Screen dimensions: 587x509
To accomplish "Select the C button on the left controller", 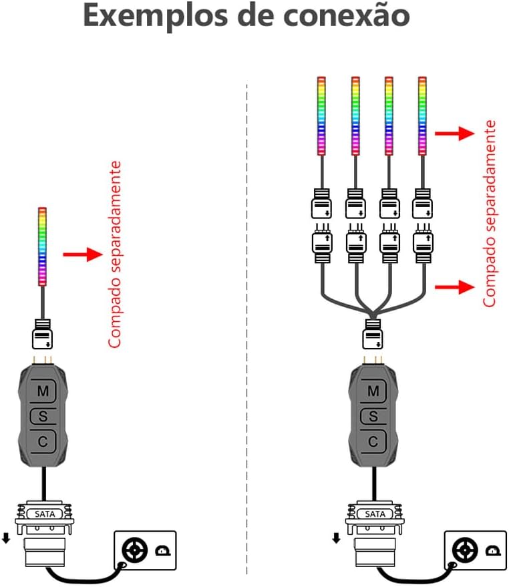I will (x=43, y=441).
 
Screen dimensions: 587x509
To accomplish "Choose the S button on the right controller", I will (x=374, y=417).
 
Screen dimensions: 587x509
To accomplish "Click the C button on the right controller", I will (x=374, y=441).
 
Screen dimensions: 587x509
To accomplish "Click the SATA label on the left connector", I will (x=43, y=514).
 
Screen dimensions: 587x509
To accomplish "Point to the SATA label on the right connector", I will (x=375, y=514).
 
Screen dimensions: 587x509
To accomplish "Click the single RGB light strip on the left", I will (x=43, y=243).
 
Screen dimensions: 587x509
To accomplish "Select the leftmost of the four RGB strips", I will (x=322, y=115).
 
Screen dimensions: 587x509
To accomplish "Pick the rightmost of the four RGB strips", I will (x=422, y=115).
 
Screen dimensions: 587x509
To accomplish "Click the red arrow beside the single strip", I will (x=83, y=254).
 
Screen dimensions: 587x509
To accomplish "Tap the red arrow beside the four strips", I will (x=454, y=134).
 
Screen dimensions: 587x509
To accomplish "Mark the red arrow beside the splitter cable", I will (x=454, y=286).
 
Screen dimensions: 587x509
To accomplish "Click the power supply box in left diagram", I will (x=145, y=551).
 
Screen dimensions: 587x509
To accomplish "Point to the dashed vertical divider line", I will (x=247, y=334).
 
